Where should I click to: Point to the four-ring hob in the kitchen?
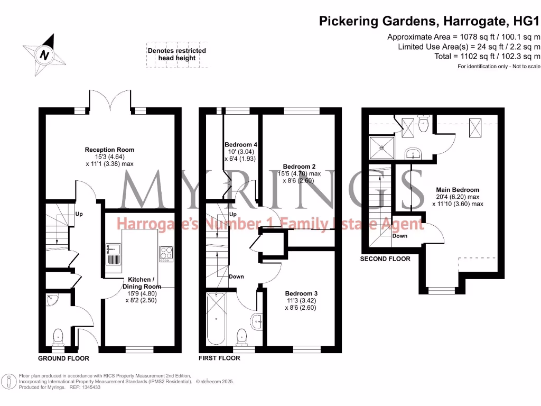166,254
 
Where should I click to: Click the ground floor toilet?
58,335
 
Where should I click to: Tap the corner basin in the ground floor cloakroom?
52,299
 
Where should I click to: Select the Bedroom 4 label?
241,152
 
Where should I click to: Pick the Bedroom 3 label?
301,300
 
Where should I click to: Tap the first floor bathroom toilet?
242,335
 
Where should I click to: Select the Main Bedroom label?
458,196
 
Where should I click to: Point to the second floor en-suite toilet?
422,124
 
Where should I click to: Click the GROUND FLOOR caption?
63,358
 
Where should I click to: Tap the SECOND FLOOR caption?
385,259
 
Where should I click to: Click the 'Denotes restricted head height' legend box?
176,54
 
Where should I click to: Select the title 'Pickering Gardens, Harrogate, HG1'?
430,22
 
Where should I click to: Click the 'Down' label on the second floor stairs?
399,236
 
